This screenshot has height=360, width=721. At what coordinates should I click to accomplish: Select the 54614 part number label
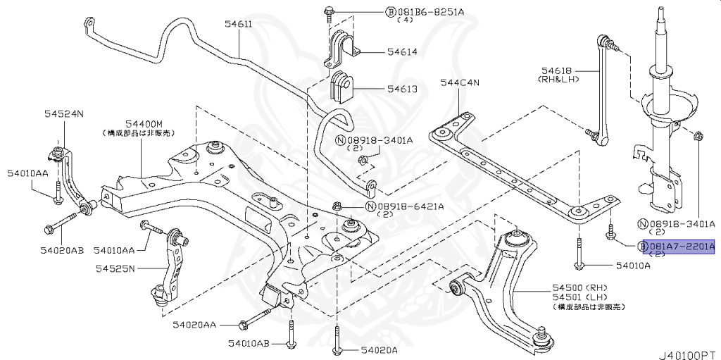click(x=401, y=51)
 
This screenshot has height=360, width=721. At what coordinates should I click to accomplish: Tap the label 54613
click(x=401, y=89)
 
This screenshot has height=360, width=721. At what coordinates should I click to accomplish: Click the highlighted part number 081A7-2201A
click(x=681, y=247)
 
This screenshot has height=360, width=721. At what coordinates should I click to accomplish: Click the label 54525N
click(x=116, y=268)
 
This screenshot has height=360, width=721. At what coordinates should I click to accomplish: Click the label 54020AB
click(x=62, y=250)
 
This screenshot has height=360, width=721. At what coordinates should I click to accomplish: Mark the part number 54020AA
click(x=194, y=325)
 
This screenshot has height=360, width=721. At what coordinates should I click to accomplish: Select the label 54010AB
click(x=249, y=343)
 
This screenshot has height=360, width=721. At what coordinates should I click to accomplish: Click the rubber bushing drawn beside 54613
click(x=343, y=87)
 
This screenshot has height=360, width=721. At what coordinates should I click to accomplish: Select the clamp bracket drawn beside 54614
click(x=342, y=48)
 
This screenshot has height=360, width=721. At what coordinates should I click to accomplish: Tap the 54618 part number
click(x=560, y=70)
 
